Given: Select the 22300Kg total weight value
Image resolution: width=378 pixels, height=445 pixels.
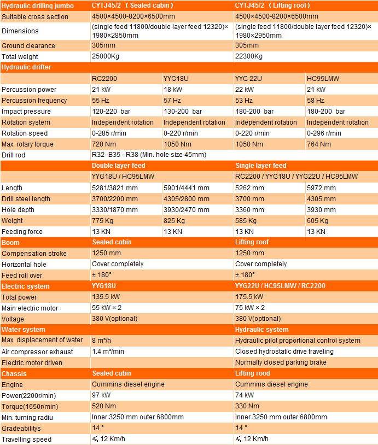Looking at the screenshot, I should [x=249, y=56].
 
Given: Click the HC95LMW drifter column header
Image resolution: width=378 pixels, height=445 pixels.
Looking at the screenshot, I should [x=323, y=78].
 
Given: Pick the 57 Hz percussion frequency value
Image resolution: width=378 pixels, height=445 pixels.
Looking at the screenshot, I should [x=172, y=100].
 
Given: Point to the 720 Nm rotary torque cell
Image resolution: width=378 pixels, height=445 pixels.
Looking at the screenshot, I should [x=103, y=144].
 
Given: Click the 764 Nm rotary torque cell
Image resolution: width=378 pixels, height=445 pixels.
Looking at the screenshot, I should [x=319, y=144].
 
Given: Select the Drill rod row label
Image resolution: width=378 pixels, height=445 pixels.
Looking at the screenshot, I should [x=14, y=155].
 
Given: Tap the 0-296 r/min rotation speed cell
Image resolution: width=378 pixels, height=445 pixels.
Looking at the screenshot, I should [x=324, y=133].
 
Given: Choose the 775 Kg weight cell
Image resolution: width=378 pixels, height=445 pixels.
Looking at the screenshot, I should [x=102, y=220].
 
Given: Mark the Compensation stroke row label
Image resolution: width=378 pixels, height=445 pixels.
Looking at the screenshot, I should [x=34, y=253].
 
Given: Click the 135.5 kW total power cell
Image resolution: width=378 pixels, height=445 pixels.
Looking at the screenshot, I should [x=106, y=297].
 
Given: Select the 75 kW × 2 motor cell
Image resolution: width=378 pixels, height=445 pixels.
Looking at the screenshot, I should [x=250, y=308].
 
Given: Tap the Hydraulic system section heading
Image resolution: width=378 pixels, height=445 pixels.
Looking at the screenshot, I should [x=261, y=330].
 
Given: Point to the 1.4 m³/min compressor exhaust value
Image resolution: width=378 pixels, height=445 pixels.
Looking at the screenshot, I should [x=108, y=352].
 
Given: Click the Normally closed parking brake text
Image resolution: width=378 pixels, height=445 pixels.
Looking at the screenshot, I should [x=281, y=362].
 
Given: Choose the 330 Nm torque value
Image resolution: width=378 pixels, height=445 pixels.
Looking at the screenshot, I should [x=247, y=406].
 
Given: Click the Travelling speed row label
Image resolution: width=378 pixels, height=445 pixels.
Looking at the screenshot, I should [x=26, y=439].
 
